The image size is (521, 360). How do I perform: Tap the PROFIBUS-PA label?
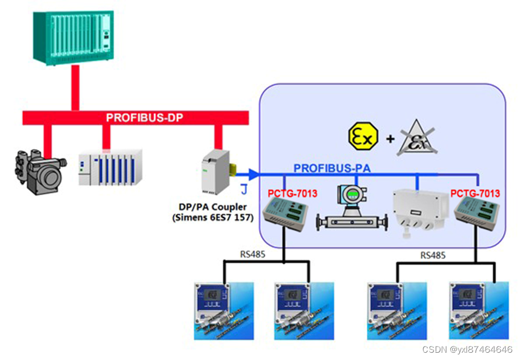[x=332, y=168]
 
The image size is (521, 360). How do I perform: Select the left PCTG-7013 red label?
[x=292, y=193]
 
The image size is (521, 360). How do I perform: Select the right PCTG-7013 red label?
[x=475, y=193]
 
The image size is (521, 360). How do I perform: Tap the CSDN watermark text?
[x=467, y=349]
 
